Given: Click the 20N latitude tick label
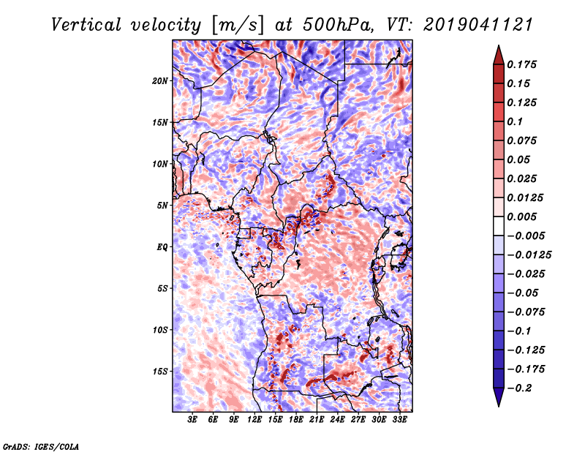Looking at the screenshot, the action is point(160,80).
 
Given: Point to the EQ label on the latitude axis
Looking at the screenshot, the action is point(162,246).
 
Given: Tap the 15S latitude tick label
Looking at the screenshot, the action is point(160,372).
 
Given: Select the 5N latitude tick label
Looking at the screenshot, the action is point(162,206).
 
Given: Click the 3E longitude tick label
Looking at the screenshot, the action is point(192,419).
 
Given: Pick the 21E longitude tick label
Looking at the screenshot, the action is point(317,419).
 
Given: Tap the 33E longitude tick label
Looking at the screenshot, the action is point(399,419).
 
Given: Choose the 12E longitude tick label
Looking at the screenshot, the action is point(254,419).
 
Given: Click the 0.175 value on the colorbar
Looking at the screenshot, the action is point(521,64).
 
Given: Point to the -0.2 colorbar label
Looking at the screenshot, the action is point(519,388).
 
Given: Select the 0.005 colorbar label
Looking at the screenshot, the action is point(521,216).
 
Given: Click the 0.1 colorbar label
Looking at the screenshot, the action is point(515,121).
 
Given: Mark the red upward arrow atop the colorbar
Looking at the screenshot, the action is point(499,56).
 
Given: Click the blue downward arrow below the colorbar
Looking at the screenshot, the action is point(499,397).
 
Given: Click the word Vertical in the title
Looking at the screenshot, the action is point(86,25).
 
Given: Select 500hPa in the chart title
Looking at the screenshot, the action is point(338,25).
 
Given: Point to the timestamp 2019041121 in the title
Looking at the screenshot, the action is point(478,25).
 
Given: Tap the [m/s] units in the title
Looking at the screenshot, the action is point(238,26).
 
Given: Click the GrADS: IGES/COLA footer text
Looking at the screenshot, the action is point(41,446).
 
